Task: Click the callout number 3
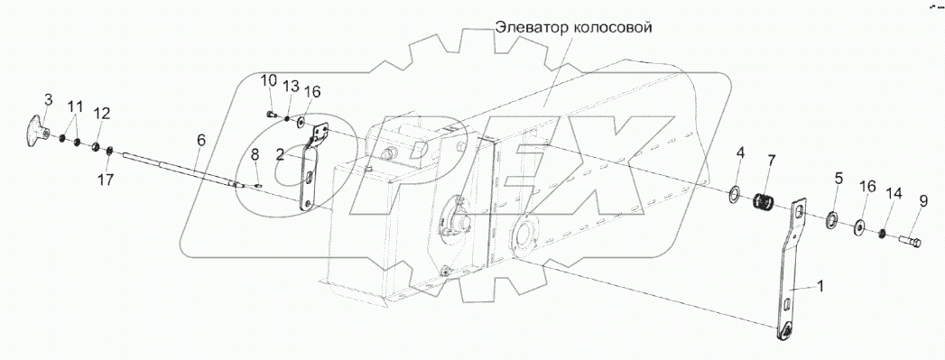(48, 98)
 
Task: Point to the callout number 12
(102, 114)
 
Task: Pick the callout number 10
(268, 81)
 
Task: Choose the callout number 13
(290, 87)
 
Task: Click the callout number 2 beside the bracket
(281, 154)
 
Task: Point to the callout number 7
(771, 161)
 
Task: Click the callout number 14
(894, 192)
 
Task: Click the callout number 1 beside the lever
(820, 286)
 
